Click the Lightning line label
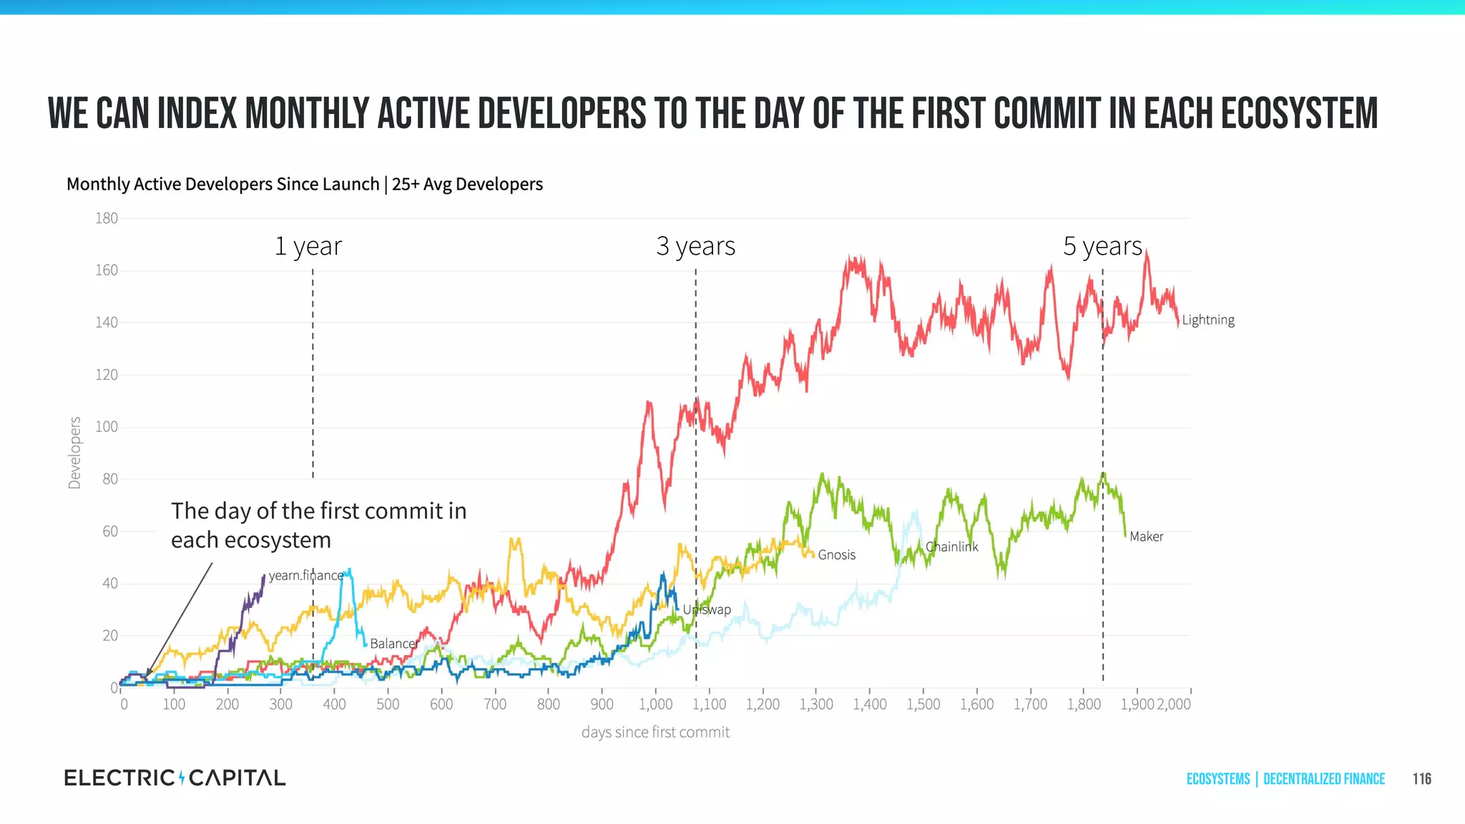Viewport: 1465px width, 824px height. pos(1207,320)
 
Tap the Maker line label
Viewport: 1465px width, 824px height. pos(1146,536)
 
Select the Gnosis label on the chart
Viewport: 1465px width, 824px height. pos(836,554)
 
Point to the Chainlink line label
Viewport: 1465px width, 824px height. pos(951,546)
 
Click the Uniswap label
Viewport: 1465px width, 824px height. pos(707,609)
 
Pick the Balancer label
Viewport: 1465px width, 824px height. pos(393,643)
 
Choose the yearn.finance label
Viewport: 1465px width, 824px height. pos(305,575)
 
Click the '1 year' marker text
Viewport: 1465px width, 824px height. pos(308,246)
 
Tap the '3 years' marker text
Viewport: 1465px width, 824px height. pos(695,246)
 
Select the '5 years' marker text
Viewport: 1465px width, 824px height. pos(1102,246)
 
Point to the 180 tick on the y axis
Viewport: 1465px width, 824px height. pos(107,218)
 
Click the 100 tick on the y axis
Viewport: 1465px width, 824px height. pos(107,427)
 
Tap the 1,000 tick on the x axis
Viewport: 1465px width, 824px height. pos(655,704)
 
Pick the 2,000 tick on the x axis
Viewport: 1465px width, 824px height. pos(1174,704)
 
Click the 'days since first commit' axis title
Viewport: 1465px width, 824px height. pos(655,732)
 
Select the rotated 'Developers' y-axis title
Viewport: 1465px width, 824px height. pos(74,453)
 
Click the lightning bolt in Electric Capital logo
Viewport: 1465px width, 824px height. pos(182,778)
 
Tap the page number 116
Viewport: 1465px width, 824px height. pos(1421,779)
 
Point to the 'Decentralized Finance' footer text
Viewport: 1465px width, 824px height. pos(1323,779)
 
